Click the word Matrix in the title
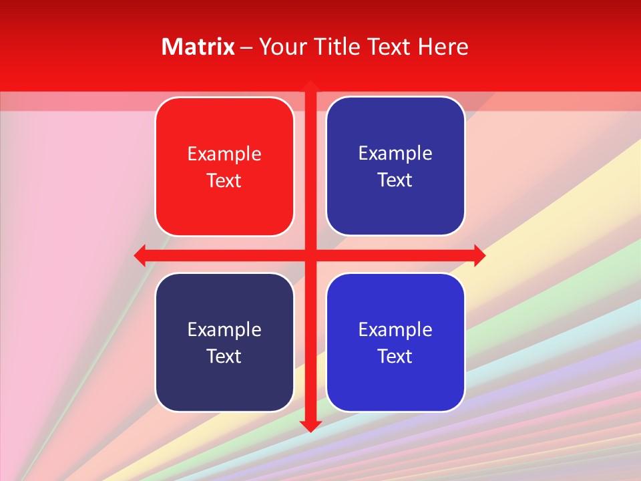(x=198, y=47)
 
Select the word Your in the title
(x=280, y=47)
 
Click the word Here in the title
(x=443, y=47)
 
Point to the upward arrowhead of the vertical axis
(x=310, y=86)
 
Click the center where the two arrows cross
(x=310, y=255)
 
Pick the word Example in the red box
(x=224, y=154)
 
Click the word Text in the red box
(x=224, y=180)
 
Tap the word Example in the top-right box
(x=395, y=154)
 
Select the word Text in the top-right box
(x=395, y=180)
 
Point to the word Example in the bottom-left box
(x=224, y=330)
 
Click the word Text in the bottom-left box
(x=224, y=356)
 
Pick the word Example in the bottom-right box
(x=395, y=330)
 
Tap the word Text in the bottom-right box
(x=395, y=356)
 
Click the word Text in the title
(x=389, y=47)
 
